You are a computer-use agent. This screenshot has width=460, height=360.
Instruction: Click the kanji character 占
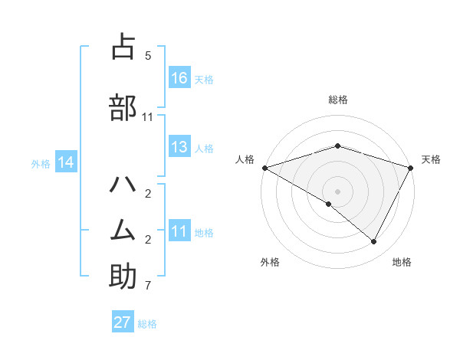click(123, 47)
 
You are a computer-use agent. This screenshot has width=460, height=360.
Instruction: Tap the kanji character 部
click(123, 107)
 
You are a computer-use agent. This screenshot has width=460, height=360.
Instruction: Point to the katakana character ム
click(123, 230)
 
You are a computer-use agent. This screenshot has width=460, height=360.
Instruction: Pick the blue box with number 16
click(179, 78)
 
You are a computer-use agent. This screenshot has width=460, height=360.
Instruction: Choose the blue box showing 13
click(179, 148)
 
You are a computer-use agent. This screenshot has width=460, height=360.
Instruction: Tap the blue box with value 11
click(179, 232)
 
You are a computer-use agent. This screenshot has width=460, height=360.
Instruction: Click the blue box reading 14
click(66, 162)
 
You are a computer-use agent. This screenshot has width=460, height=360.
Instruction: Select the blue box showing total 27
click(123, 322)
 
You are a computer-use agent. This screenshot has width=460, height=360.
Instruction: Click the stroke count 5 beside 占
click(148, 56)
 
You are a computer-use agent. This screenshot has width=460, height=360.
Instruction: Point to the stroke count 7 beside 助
click(148, 286)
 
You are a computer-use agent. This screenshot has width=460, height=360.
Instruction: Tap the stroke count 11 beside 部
click(148, 116)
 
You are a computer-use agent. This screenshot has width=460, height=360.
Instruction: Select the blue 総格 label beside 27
click(147, 323)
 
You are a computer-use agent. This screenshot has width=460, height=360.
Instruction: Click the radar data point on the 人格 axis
click(264, 167)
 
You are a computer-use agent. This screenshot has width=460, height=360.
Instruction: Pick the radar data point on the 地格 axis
click(374, 242)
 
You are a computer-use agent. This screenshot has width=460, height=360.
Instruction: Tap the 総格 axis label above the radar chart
click(338, 100)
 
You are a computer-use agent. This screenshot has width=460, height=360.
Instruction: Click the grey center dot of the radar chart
click(337, 191)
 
